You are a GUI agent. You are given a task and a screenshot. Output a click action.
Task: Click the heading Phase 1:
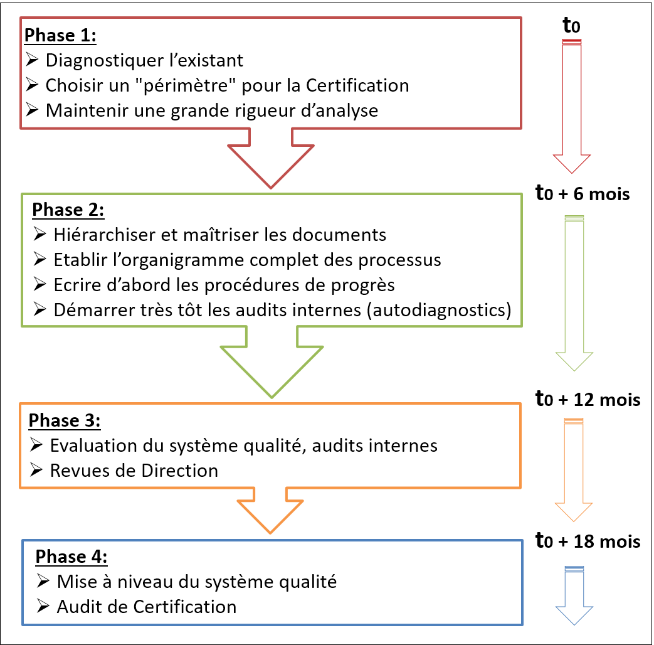(x=60, y=35)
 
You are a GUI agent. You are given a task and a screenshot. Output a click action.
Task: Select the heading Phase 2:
(x=68, y=209)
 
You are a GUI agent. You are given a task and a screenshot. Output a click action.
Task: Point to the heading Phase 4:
(x=71, y=557)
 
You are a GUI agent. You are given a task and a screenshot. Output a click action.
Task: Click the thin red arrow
(x=572, y=107)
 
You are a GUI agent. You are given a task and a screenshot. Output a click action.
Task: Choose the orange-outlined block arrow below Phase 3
(x=271, y=511)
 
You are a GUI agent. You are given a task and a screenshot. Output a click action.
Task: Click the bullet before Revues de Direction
(x=36, y=471)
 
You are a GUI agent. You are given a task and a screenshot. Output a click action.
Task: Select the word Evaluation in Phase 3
(x=93, y=445)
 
